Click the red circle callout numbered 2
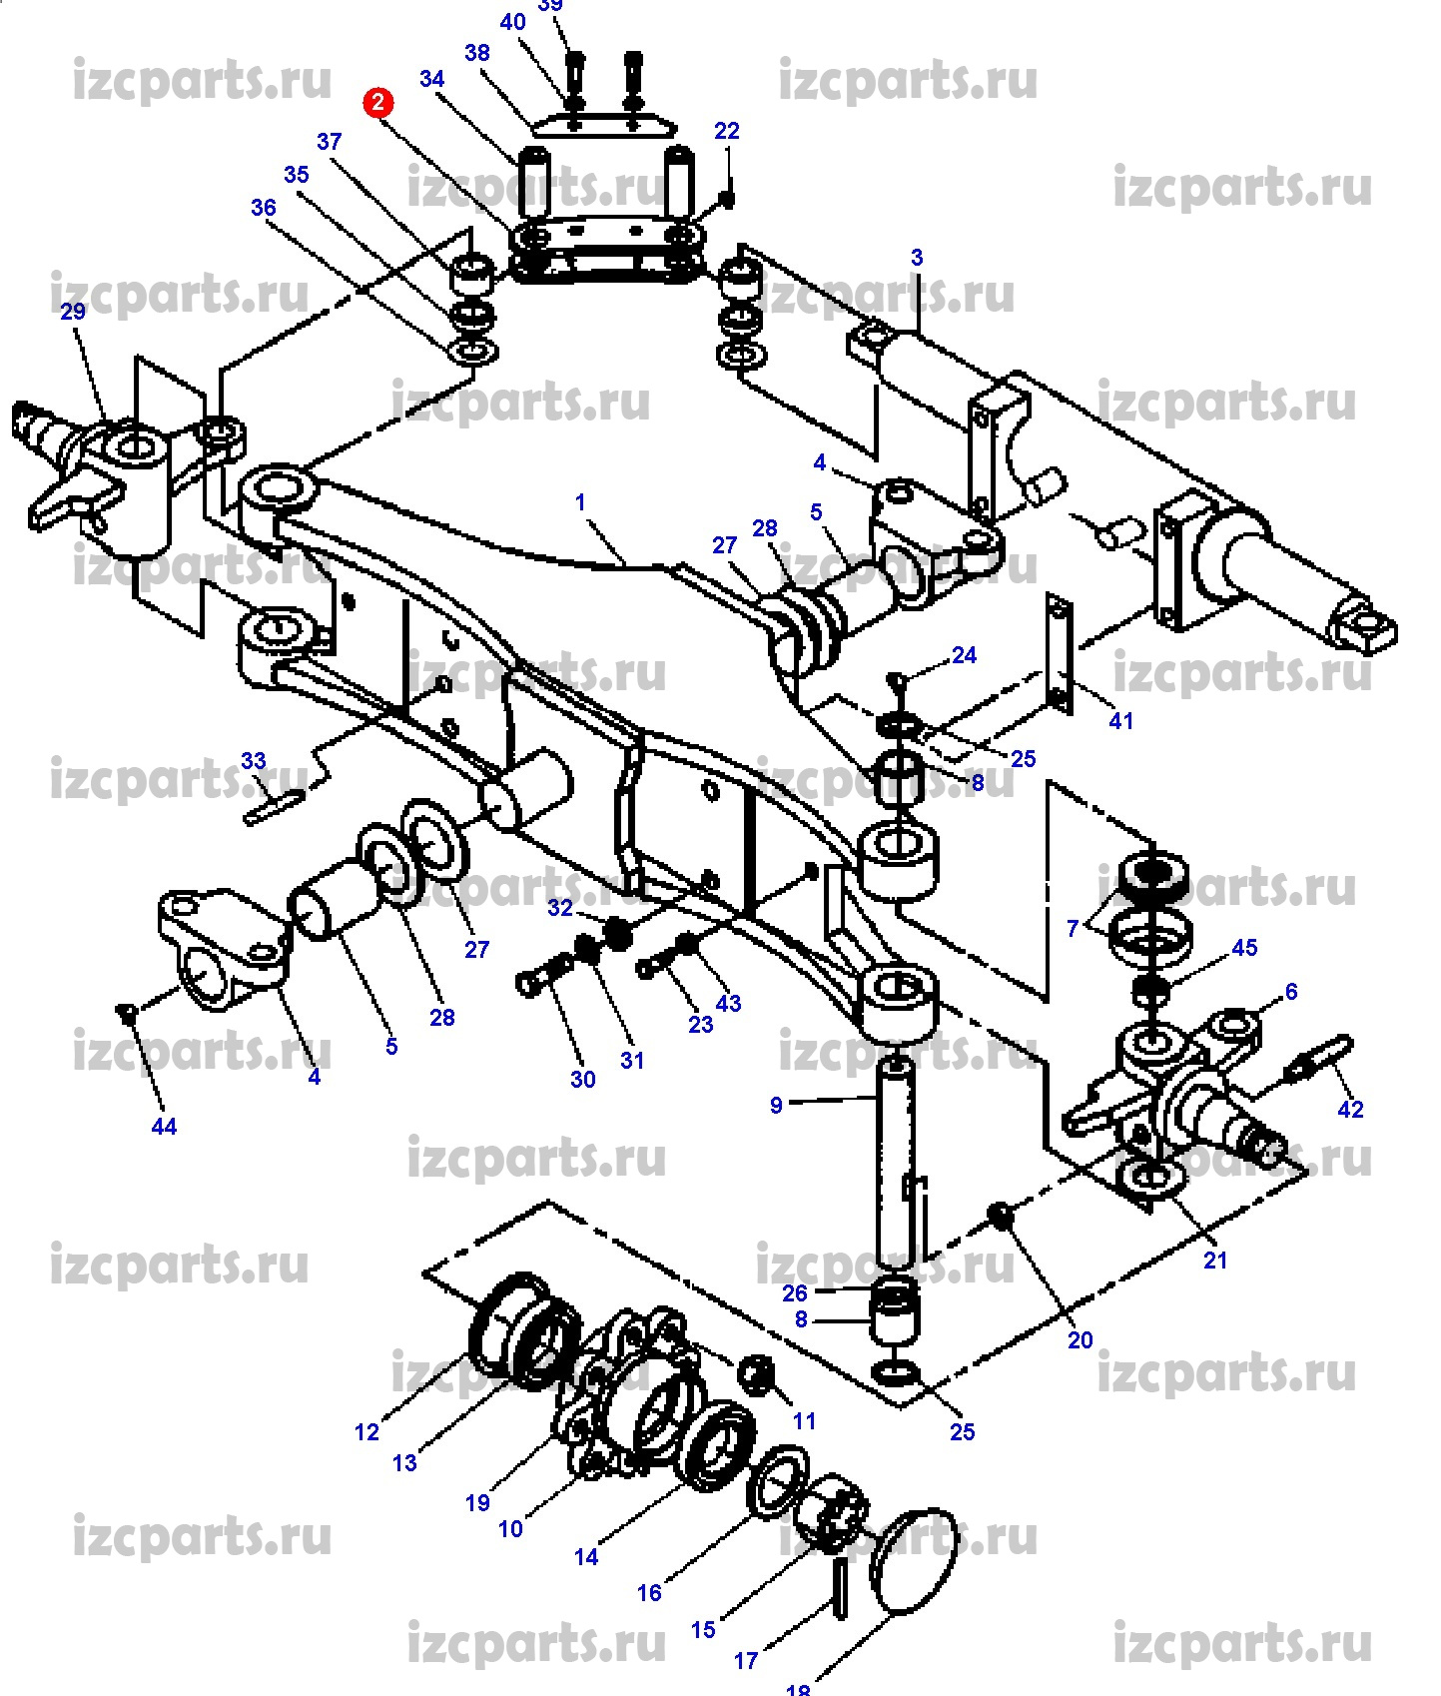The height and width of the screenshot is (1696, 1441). [x=378, y=102]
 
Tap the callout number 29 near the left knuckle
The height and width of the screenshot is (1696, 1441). [x=73, y=312]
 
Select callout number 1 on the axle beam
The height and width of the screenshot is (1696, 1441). [x=580, y=502]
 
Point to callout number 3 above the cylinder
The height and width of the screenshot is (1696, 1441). [x=917, y=258]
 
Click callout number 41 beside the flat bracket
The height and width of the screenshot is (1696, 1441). [x=1121, y=720]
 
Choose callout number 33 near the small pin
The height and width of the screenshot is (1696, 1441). [x=254, y=761]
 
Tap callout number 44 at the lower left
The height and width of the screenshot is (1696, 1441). [x=164, y=1127]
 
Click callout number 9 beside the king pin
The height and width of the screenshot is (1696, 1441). [x=776, y=1105]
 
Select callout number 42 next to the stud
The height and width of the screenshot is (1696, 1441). [x=1350, y=1109]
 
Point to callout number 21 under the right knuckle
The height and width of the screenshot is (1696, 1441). [x=1214, y=1261]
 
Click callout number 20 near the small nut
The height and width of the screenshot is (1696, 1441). [x=1081, y=1339]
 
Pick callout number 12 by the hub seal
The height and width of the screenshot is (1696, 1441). [x=366, y=1432]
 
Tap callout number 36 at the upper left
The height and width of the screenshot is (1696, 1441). [x=263, y=208]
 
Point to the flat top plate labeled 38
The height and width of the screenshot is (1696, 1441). [x=603, y=127]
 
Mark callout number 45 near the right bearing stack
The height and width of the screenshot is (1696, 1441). [x=1244, y=947]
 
